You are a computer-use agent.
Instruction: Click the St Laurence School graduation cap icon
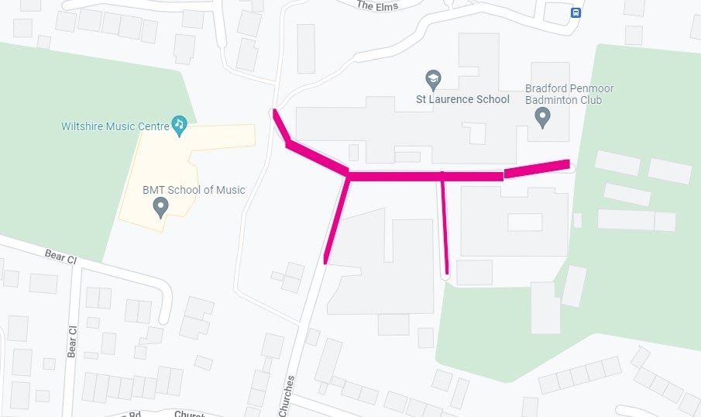pos(433,79)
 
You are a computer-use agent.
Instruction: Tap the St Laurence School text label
pos(463,99)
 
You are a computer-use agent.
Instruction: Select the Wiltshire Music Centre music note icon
pos(180,124)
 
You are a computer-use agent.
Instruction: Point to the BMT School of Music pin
pos(160,206)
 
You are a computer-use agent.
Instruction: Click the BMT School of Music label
pos(193,190)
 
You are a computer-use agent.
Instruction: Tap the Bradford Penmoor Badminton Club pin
pos(542,117)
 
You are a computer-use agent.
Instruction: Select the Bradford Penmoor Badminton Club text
pos(563,94)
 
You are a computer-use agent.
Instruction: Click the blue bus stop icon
pos(576,12)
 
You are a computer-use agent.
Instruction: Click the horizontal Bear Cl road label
pos(60,255)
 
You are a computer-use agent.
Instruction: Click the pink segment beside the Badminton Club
pos(537,168)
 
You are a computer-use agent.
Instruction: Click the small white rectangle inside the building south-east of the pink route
pos(524,222)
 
